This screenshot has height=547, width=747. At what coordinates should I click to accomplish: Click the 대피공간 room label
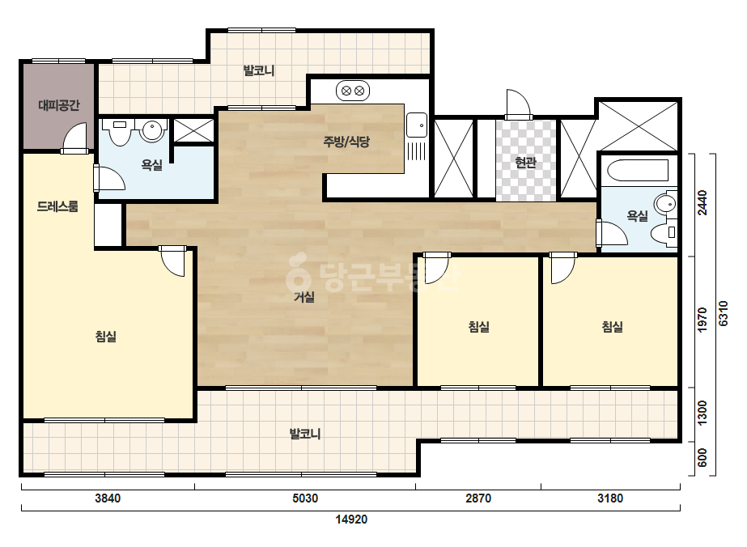coord(58,105)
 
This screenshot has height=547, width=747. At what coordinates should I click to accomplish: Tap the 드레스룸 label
coord(57,206)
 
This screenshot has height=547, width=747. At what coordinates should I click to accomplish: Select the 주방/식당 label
coord(346,141)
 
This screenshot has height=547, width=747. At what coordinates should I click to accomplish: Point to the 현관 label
coord(526,163)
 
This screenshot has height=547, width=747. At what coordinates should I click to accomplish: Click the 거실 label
coord(304,297)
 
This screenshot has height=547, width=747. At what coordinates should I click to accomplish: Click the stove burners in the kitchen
coord(353,91)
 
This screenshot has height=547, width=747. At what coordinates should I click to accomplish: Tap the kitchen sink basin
coord(417,125)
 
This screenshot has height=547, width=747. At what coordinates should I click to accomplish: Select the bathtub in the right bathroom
coord(639,170)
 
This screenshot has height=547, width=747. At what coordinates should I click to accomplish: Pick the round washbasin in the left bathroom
coord(152,129)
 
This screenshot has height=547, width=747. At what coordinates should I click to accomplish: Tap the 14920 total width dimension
coord(351,519)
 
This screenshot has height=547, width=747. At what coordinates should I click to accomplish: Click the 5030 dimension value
coord(305,498)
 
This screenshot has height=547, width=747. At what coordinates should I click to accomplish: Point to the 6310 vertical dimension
coord(724,313)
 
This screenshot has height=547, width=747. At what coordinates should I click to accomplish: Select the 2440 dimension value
coord(702,203)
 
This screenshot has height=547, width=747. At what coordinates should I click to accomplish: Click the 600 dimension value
coord(702,458)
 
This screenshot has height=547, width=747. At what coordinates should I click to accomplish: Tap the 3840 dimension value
coord(108,498)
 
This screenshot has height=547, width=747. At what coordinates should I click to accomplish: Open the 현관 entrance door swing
coord(518,104)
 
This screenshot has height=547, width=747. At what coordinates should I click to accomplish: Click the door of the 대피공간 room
coord(75,138)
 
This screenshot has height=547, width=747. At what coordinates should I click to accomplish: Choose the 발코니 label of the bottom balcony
coord(305,434)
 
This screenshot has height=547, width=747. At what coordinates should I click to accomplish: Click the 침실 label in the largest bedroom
coord(106,337)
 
